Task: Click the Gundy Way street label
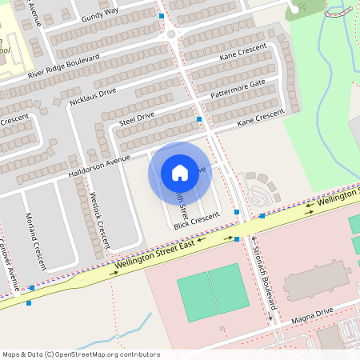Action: click(100, 14)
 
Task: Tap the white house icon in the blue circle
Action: click(180, 173)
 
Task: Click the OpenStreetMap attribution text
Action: click(81, 354)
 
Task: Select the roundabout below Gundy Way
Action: click(170, 34)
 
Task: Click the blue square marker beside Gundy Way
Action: click(162, 16)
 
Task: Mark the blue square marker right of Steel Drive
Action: click(199, 118)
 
